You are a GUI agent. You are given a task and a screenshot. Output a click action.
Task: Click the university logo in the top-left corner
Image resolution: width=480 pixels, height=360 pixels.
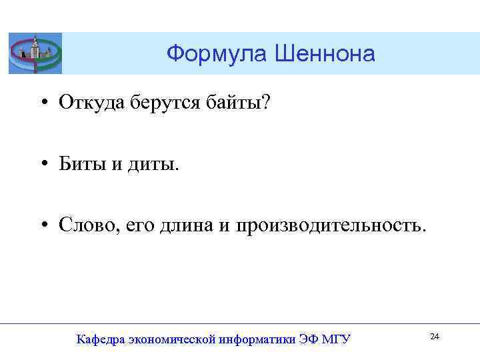(x=35, y=53)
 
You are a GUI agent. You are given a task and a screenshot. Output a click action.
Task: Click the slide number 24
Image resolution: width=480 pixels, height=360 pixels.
(x=435, y=337)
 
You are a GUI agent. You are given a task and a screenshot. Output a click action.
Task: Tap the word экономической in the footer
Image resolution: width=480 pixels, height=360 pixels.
(x=169, y=340)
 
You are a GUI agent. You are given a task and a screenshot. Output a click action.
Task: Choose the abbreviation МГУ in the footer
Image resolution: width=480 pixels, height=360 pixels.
(x=336, y=339)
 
